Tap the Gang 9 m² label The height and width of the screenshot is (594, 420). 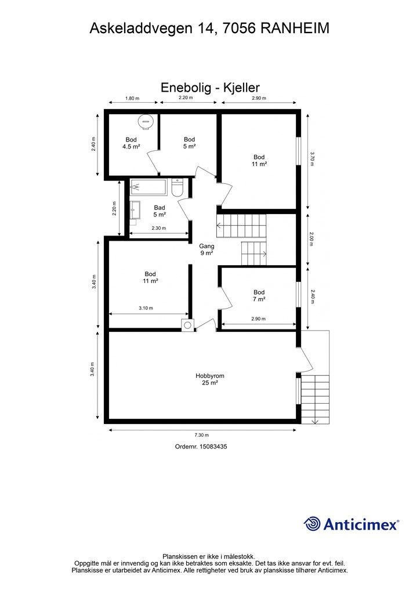click(207, 249)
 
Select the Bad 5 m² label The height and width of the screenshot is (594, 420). click(160, 211)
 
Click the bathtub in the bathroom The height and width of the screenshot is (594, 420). click(149, 187)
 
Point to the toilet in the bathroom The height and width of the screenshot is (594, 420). click(178, 187)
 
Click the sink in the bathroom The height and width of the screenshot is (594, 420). click(135, 210)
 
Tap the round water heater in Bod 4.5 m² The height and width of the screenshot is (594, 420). click(146, 121)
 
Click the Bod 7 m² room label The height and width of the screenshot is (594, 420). click(259, 295)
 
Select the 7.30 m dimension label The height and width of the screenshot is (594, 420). click(202, 435)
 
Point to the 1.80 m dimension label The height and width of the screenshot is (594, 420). click(132, 99)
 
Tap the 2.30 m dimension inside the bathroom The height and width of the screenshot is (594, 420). click(159, 228)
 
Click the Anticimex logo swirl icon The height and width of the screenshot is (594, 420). click(312, 524)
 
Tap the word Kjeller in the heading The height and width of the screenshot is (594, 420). click(242, 88)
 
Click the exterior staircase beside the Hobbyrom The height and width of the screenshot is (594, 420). click(315, 399)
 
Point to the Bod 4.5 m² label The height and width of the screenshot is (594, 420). click(132, 143)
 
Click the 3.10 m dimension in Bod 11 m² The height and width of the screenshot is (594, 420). click(146, 308)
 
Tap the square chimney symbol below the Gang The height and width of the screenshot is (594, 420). click(187, 325)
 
